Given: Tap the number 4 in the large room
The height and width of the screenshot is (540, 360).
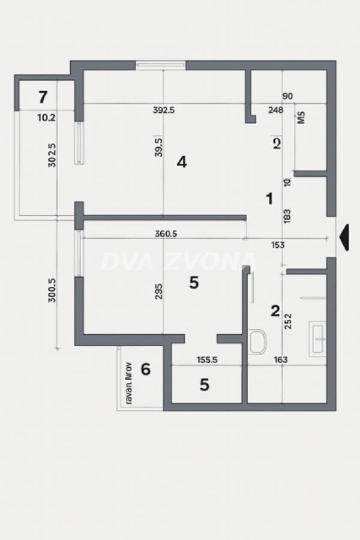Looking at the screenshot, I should (182, 161).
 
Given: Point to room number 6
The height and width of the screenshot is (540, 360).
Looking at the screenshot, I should (145, 369).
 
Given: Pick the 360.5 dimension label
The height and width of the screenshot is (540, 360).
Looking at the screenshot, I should (166, 235).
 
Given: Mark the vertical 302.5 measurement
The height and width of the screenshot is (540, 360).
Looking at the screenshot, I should (52, 154).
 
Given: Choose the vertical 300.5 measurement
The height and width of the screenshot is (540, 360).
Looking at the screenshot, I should (52, 289).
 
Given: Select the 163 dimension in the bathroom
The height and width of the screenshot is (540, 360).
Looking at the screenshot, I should (280, 360).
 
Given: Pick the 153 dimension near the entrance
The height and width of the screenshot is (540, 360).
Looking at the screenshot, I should (278, 245).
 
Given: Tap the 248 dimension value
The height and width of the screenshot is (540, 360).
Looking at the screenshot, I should (275, 110).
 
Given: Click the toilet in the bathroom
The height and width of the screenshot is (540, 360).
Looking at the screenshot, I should (258, 341).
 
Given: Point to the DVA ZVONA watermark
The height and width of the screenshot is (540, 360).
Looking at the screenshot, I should (179, 262).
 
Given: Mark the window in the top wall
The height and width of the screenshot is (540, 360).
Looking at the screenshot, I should (160, 65).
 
